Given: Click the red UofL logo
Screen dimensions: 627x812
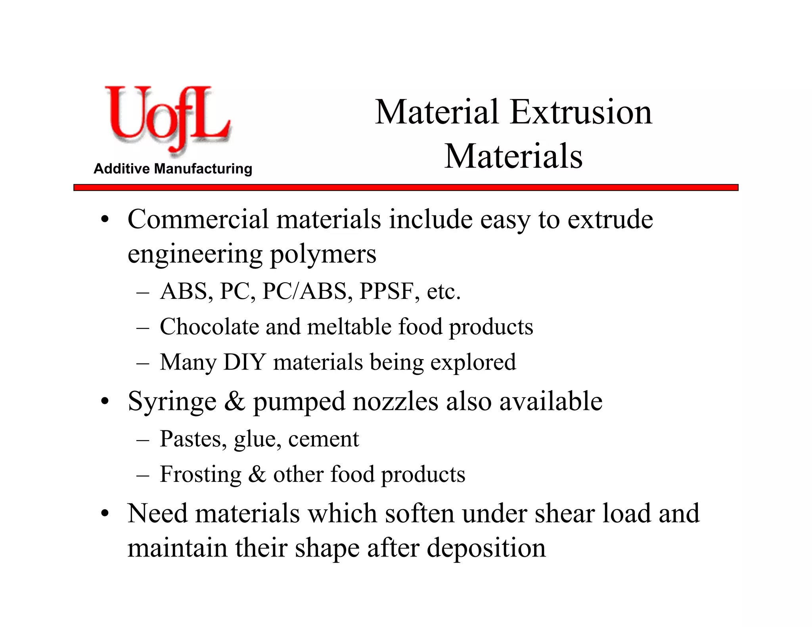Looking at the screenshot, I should [x=167, y=119].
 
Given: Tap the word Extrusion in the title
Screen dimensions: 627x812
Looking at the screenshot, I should [x=581, y=113].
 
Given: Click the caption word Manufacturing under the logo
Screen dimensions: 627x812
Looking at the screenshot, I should [x=203, y=169].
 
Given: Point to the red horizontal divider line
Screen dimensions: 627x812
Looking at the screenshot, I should [x=406, y=187].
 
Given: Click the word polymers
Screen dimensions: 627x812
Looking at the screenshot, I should [x=323, y=254].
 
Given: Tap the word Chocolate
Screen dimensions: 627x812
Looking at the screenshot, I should [x=209, y=327].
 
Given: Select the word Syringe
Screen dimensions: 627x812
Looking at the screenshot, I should [x=172, y=402].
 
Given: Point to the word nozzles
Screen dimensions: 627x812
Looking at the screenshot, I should [x=395, y=401].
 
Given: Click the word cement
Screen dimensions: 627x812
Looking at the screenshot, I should [x=323, y=439].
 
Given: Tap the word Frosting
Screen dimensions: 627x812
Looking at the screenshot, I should [x=201, y=474].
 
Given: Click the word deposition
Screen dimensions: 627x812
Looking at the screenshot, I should [x=486, y=548].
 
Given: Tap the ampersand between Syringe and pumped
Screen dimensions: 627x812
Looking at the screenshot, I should [x=235, y=401].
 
